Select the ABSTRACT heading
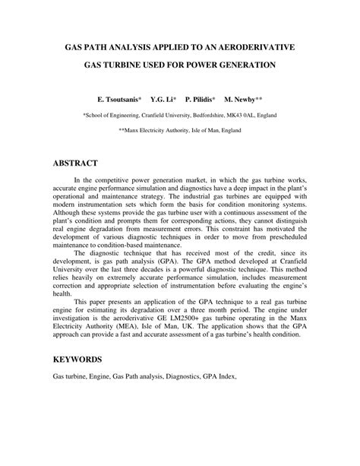pyautogui.click(x=75, y=163)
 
